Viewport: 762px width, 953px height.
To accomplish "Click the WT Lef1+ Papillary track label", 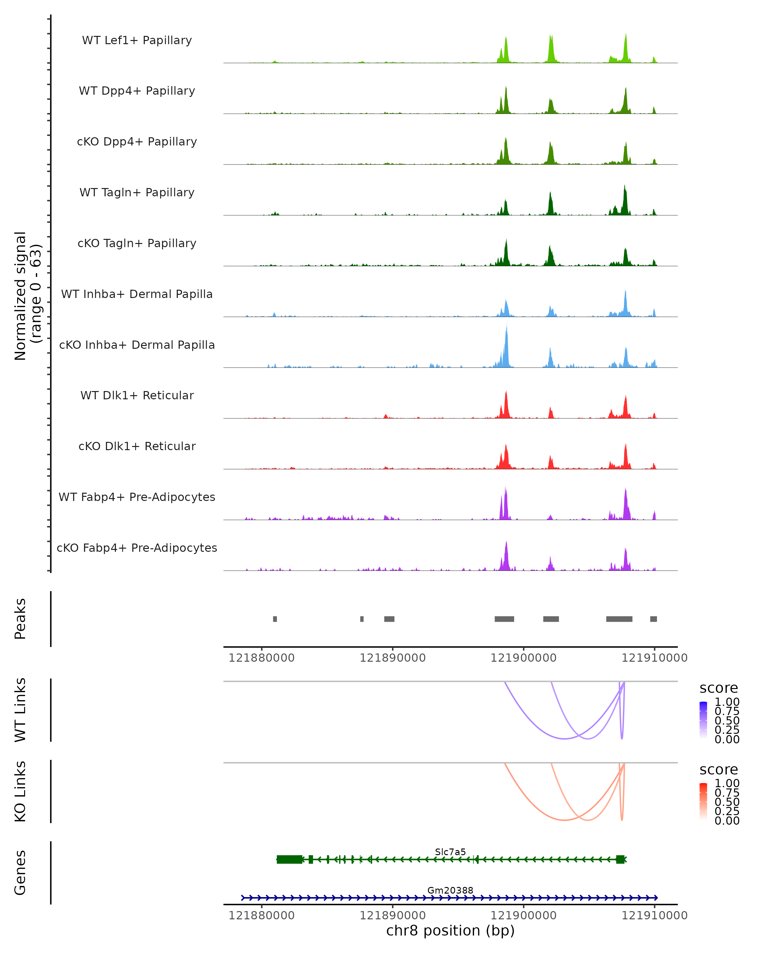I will (x=137, y=40).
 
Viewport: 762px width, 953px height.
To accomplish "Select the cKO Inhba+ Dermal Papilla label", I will (x=137, y=345).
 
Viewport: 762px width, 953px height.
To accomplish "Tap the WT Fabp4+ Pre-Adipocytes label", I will (x=137, y=497).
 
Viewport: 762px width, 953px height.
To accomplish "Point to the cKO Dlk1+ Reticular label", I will (x=137, y=446).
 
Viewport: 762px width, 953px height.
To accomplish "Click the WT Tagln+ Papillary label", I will (x=137, y=192).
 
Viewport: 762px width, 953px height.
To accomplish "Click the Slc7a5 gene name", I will (x=450, y=852).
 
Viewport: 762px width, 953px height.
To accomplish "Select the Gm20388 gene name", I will (x=450, y=890).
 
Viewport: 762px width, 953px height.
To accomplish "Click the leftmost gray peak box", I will (x=275, y=619).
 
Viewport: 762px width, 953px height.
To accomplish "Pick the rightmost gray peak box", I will (x=653, y=619).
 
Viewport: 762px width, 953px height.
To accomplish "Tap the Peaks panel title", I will (x=20, y=619).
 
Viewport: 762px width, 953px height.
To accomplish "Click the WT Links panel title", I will (x=20, y=710).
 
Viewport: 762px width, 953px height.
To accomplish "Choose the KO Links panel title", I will (x=20, y=791).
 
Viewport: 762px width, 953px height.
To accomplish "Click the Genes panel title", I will (x=20, y=873).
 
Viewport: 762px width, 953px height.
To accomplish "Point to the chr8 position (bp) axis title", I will (x=450, y=930).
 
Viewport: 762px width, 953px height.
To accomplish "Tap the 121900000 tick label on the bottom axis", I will (x=524, y=915).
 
